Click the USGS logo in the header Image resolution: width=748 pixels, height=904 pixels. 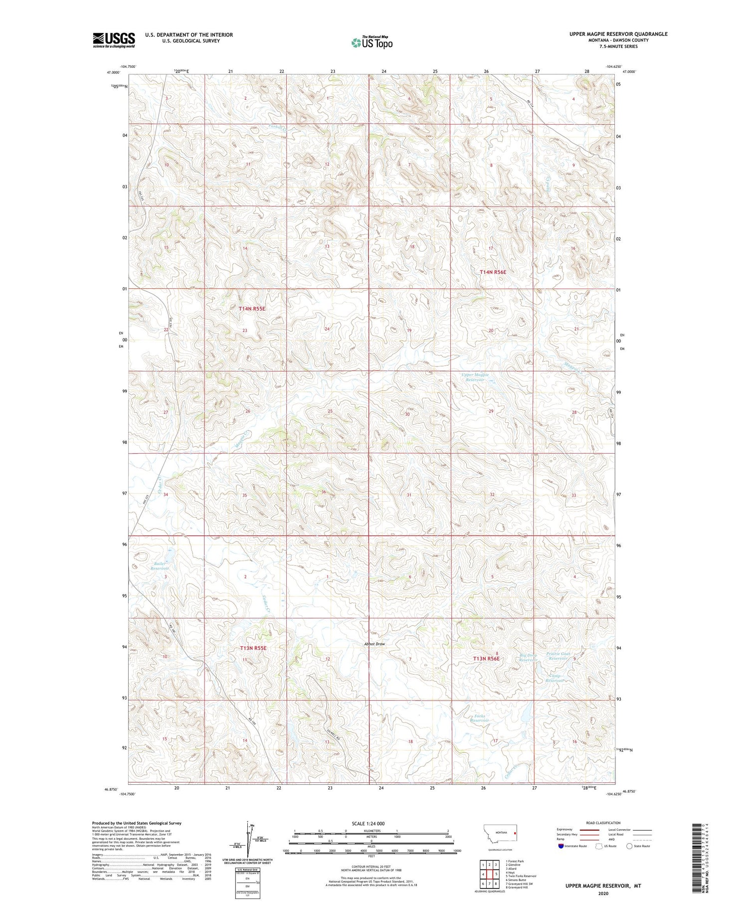(x=114, y=40)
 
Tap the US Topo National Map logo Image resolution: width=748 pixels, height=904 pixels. (x=372, y=43)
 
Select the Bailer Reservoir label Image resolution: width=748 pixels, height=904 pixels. (x=160, y=566)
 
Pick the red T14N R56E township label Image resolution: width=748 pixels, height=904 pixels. (x=493, y=272)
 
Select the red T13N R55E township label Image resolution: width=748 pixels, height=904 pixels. (x=253, y=648)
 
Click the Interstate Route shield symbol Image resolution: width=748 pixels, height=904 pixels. (x=561, y=846)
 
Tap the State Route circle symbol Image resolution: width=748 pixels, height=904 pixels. (x=629, y=846)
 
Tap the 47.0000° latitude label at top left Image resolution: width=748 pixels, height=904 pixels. (x=114, y=72)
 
